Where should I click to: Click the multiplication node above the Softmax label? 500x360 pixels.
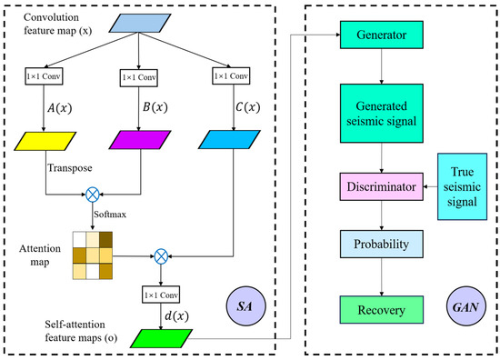pos(93,193)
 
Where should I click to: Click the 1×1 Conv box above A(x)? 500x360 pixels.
pos(48,78)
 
